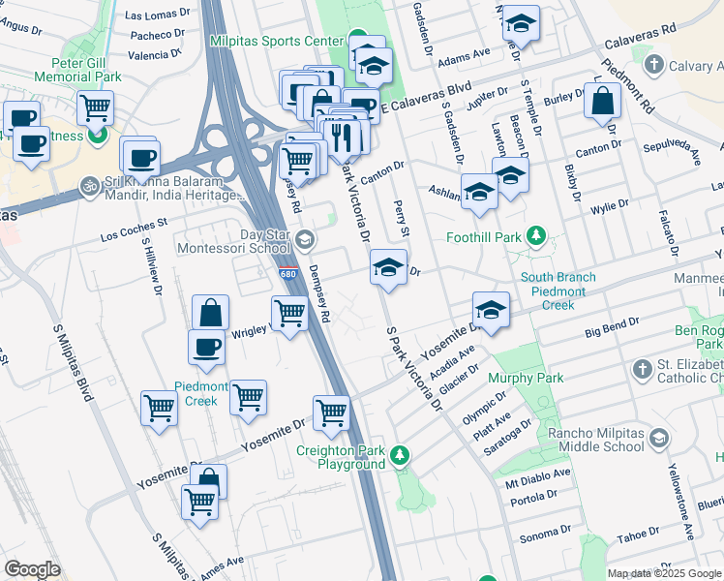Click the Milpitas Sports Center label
[278, 42]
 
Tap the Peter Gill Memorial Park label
[77, 68]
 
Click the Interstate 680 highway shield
[287, 275]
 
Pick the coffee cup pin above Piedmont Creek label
[207, 348]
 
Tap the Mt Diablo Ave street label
[531, 480]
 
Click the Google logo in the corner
[32, 568]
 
